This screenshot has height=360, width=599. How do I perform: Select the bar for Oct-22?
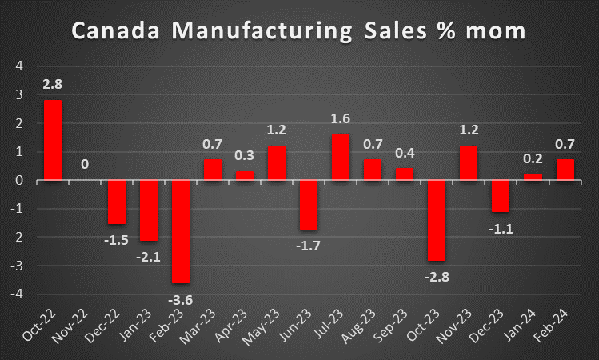tap(53, 140)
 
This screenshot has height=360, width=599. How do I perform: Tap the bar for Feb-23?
tap(181, 231)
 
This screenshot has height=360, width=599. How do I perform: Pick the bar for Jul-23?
tap(341, 157)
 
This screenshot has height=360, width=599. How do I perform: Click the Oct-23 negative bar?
tap(436, 220)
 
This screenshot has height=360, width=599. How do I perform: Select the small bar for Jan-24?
tap(533, 177)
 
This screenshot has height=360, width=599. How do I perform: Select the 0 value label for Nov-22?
tap(85, 166)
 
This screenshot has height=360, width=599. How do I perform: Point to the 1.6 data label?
tap(341, 119)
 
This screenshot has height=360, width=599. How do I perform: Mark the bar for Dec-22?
tap(117, 202)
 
